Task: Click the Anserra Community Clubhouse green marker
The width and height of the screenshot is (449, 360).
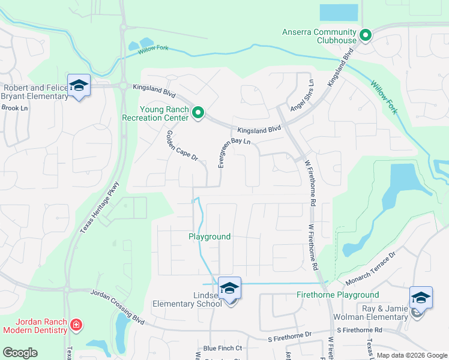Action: click(365, 35)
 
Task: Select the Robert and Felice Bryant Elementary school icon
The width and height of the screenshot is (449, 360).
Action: click(79, 86)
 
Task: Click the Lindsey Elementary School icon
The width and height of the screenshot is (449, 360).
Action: click(229, 288)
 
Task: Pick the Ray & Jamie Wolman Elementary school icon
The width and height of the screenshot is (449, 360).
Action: click(421, 298)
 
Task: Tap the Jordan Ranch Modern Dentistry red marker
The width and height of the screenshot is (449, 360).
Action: click(76, 326)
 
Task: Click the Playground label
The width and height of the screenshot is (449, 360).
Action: click(209, 237)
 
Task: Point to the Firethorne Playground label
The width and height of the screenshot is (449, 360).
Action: click(338, 295)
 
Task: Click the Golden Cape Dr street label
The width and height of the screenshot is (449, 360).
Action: click(182, 146)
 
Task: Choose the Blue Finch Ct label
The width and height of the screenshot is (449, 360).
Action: click(222, 348)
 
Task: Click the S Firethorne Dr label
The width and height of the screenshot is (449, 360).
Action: click(291, 334)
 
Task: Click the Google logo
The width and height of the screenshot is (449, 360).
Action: click(20, 353)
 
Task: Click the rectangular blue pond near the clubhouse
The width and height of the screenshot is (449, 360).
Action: click(339, 13)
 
